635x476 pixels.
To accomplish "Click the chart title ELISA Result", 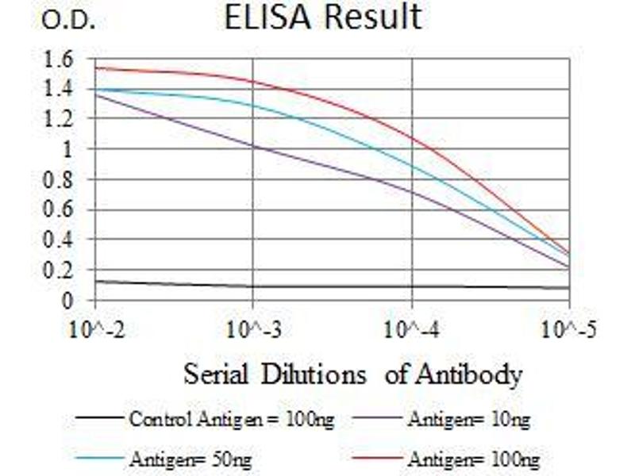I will (323, 17).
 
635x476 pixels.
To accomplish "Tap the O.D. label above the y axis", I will (69, 21).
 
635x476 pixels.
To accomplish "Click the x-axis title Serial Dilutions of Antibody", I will (353, 373).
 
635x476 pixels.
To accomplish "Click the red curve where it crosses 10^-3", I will (252, 82).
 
